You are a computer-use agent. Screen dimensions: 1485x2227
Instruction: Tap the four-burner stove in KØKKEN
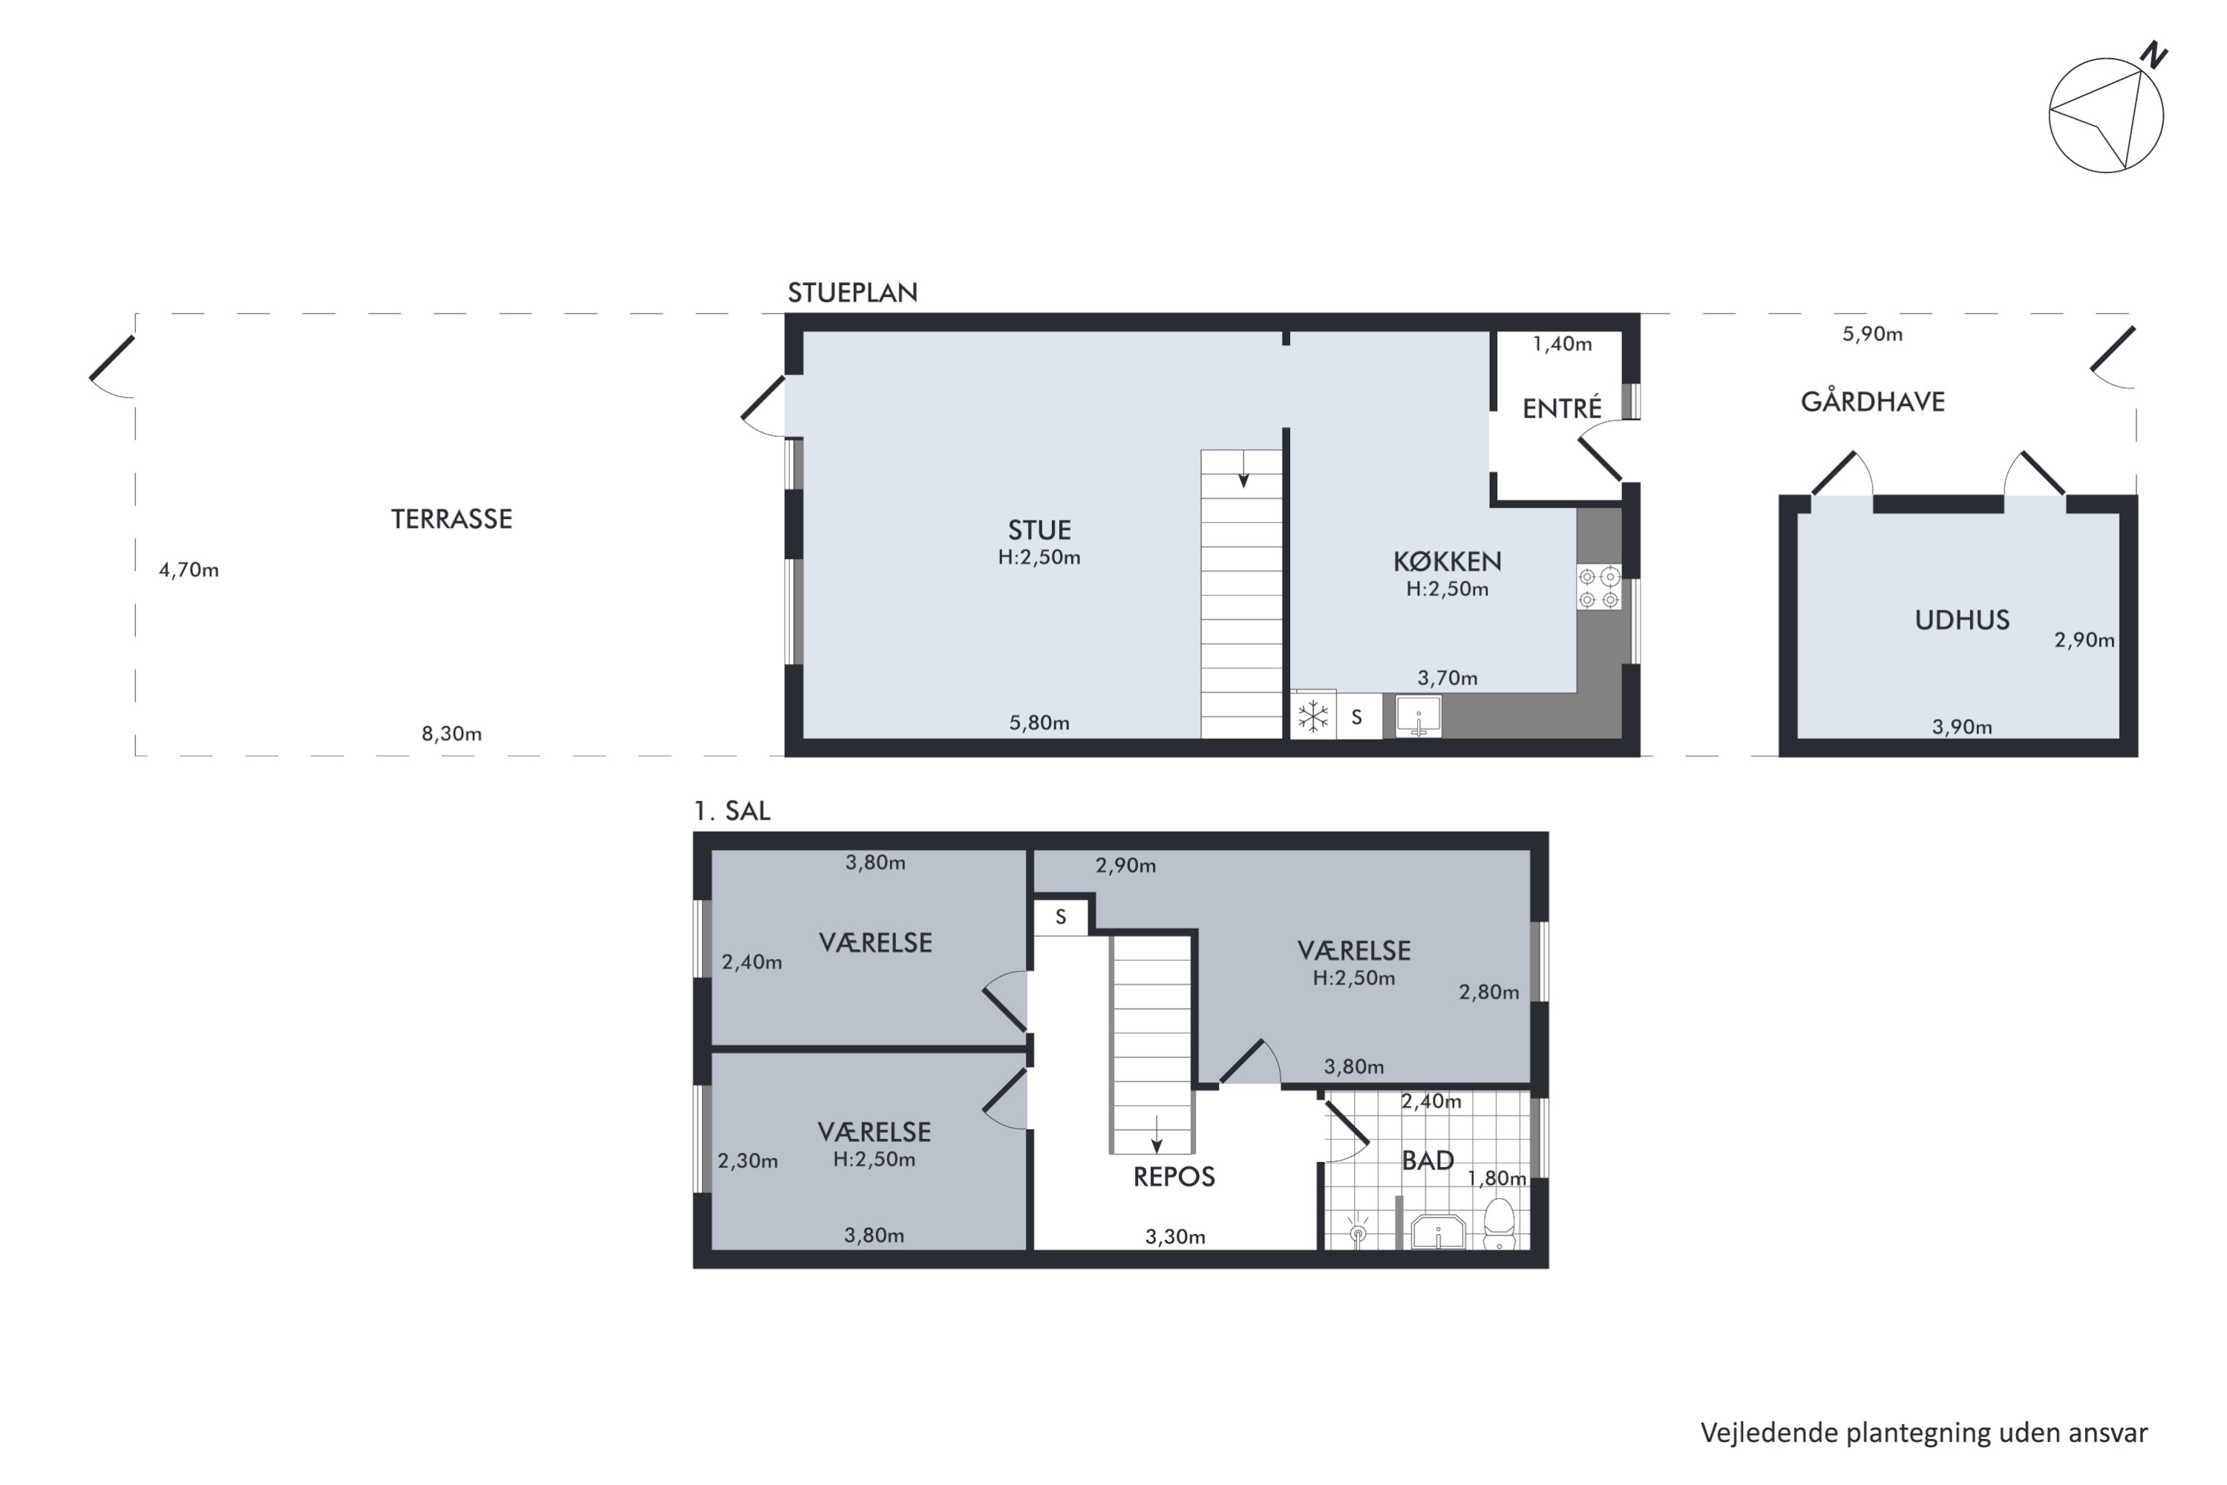(x=1598, y=587)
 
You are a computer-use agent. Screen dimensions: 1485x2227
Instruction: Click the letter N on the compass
(x=2154, y=55)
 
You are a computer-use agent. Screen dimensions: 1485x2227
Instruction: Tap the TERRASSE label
(x=451, y=519)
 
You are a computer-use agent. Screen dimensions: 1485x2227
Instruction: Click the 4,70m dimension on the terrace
(x=189, y=570)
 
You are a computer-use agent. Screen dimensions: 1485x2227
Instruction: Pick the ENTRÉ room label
(x=1561, y=409)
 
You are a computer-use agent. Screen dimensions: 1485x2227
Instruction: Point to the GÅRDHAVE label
(x=1872, y=402)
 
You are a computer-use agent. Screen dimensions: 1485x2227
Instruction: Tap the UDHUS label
(x=1961, y=620)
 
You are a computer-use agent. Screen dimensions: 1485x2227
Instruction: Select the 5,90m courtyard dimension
(x=1872, y=334)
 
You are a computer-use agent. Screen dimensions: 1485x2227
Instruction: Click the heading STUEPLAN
(x=852, y=293)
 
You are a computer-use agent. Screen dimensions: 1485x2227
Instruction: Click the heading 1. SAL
(x=732, y=812)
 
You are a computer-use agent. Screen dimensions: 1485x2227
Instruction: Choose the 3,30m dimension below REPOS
(x=1175, y=1237)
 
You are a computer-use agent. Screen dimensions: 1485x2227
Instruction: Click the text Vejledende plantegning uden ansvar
(x=1923, y=1433)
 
